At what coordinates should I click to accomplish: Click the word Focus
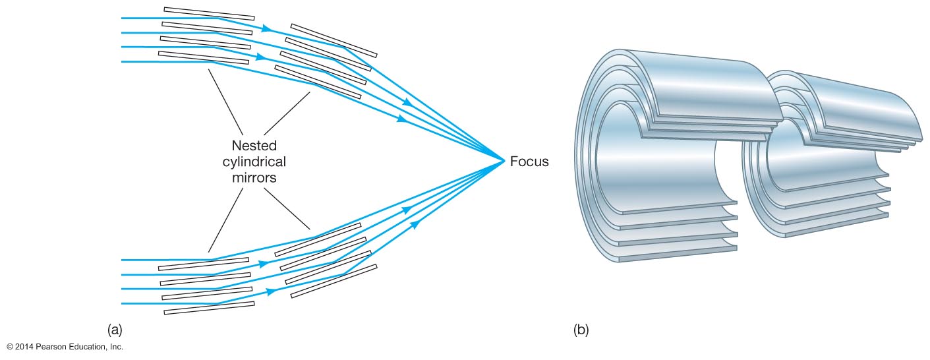(x=529, y=161)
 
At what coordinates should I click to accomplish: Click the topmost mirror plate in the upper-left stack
(x=209, y=13)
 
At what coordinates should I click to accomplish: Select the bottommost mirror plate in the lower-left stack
(x=209, y=307)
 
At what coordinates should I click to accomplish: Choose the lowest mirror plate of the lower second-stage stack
(x=334, y=281)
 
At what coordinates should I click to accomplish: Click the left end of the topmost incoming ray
(x=123, y=18)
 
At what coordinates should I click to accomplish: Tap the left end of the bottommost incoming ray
(x=123, y=303)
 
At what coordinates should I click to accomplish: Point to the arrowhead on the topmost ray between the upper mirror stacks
(x=266, y=28)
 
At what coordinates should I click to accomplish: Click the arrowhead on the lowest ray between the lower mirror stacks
(x=270, y=291)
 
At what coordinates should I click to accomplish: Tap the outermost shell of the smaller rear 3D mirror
(x=857, y=99)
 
